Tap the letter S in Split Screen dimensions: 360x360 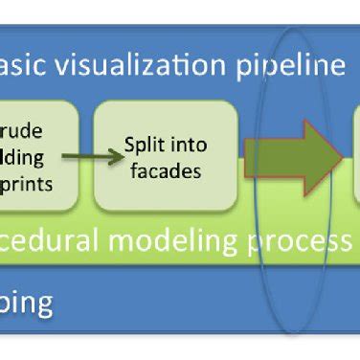coord(130,146)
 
